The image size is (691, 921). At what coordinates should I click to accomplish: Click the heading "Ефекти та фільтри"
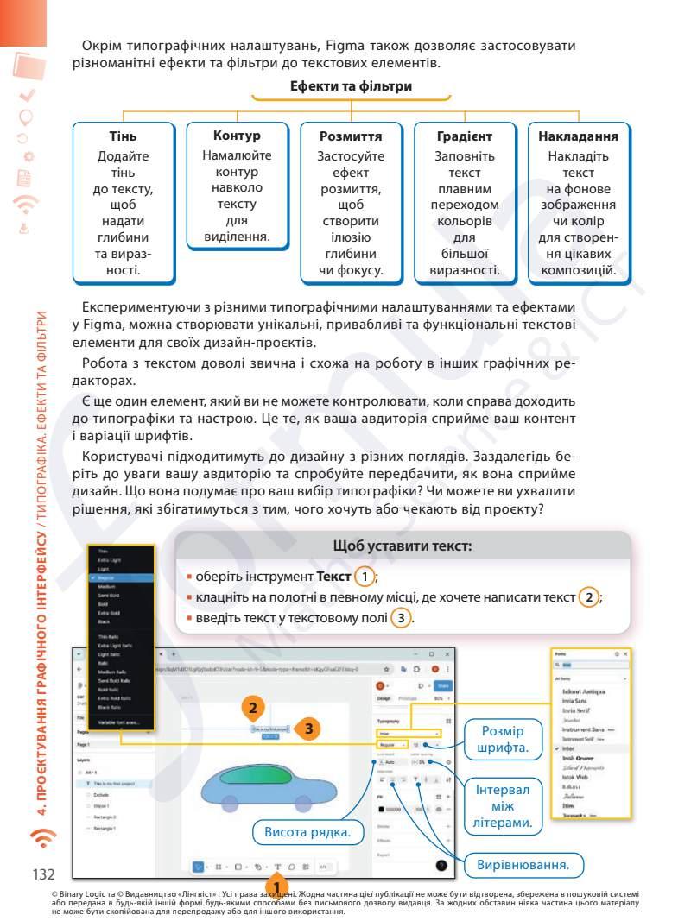(x=351, y=86)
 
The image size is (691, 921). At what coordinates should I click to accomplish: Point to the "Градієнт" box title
(x=465, y=136)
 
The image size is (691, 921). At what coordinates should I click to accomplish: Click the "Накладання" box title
(x=578, y=136)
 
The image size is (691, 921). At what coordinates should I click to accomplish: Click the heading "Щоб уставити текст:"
(x=402, y=546)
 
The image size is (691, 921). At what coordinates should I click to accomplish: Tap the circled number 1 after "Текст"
(x=368, y=576)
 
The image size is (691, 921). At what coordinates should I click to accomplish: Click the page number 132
(x=44, y=875)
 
